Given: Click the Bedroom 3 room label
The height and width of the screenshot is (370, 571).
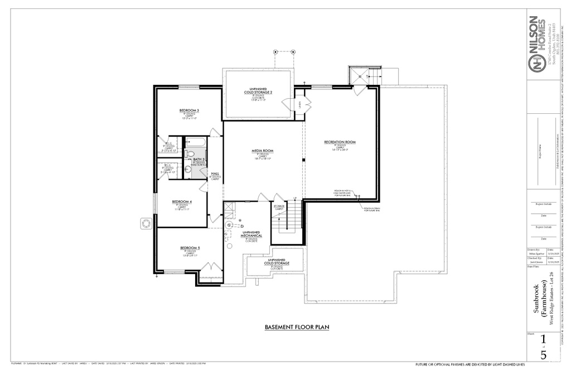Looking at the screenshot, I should point(190,110).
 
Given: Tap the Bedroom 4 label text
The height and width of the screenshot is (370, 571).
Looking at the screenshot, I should point(182,201).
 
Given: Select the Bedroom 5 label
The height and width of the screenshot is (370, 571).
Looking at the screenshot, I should point(190,248).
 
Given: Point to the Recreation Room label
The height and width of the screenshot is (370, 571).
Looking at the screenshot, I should point(340,142).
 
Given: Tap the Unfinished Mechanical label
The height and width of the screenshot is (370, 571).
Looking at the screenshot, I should point(251,234).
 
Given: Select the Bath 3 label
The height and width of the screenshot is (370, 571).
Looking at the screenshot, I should point(199,160).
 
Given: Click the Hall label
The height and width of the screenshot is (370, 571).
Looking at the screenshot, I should point(215,174).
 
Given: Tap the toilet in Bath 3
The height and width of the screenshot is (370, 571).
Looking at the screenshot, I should point(190,154).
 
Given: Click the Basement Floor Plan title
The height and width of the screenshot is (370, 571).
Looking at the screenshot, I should point(297,327).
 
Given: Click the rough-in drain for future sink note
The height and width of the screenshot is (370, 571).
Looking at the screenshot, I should point(372,209).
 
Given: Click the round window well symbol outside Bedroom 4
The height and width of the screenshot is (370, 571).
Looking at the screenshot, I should point(146,223).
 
